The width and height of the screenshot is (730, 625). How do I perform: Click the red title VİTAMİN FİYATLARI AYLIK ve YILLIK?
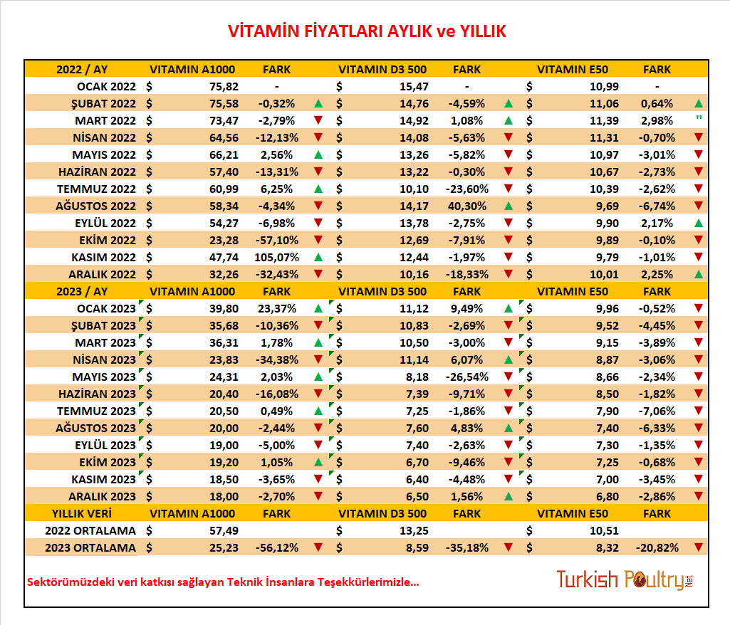click(x=366, y=31)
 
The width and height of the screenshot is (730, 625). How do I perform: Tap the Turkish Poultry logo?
click(x=625, y=579)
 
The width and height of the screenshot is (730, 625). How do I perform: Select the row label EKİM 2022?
click(x=108, y=240)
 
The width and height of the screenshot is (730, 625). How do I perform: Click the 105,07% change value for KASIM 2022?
click(x=276, y=258)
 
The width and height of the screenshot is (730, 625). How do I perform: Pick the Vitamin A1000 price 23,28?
click(x=224, y=240)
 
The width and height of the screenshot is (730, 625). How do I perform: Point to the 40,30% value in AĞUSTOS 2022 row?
click(x=467, y=206)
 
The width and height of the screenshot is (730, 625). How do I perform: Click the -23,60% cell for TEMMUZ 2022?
click(x=467, y=189)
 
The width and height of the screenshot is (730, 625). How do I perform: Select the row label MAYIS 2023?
click(x=104, y=377)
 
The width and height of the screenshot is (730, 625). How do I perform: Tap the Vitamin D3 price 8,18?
click(x=417, y=377)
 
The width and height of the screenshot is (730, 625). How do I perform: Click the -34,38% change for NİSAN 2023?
click(x=276, y=359)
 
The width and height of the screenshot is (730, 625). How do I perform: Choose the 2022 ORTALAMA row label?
click(x=90, y=530)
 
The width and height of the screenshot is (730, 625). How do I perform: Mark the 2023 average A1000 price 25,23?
click(x=224, y=547)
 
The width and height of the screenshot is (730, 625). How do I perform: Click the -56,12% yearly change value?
click(x=276, y=547)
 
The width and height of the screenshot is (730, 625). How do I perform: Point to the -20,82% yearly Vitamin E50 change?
click(x=657, y=547)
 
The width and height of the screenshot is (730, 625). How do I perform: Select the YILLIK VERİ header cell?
click(x=82, y=514)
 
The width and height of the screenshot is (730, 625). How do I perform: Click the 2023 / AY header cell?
click(x=82, y=292)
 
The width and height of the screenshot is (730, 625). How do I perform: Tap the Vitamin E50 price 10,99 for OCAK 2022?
click(x=605, y=87)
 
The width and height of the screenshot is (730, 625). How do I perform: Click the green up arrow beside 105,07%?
click(x=318, y=257)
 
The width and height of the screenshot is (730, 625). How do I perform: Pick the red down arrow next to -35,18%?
click(x=509, y=547)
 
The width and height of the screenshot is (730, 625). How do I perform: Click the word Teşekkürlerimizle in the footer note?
click(x=368, y=582)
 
